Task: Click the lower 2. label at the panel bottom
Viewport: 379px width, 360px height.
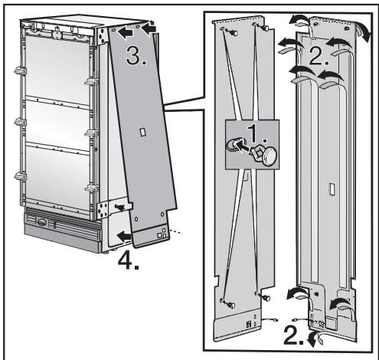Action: [298, 335]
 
